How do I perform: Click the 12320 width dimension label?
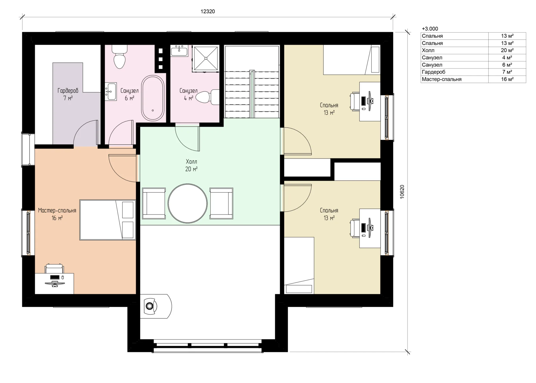point(208,12)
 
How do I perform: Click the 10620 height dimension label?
point(402,192)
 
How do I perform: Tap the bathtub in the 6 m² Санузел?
point(153,98)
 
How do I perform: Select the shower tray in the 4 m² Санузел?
point(205,59)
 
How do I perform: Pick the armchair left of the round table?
point(154,203)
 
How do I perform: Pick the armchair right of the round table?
point(221,203)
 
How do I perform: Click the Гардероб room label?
point(68,91)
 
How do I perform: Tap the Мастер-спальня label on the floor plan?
point(57,211)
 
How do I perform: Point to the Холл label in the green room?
point(191,162)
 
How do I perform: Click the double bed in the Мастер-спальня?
point(107,220)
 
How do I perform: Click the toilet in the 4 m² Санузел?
point(208,97)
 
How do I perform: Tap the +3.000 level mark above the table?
point(430,29)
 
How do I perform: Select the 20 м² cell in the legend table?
point(507,50)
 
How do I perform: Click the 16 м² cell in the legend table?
point(507,79)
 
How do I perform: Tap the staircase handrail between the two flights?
point(252,94)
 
